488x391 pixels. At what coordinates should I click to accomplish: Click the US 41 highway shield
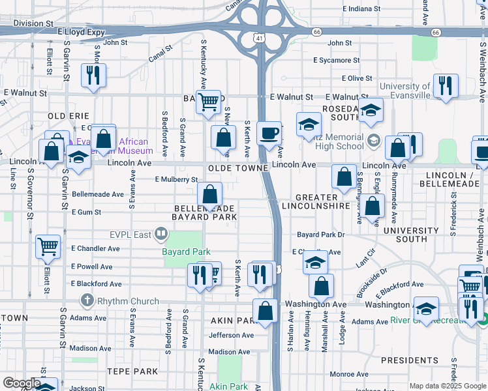260,38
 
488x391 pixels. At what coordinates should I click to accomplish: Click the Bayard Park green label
186,252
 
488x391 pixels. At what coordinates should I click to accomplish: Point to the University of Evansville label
404,91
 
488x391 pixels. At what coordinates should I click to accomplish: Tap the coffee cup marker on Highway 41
269,134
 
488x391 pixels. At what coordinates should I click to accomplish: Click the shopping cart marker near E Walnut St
208,102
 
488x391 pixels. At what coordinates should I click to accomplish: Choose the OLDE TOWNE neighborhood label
239,168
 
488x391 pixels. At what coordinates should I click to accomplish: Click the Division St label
33,23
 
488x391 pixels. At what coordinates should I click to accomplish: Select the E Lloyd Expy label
81,31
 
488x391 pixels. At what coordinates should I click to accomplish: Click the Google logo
22,383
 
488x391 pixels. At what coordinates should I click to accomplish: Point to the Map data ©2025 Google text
447,386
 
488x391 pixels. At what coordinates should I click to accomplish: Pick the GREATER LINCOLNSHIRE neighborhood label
316,201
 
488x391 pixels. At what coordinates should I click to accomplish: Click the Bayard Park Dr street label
320,234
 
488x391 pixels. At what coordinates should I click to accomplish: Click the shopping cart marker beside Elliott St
48,247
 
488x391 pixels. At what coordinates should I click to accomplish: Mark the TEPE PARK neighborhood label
133,371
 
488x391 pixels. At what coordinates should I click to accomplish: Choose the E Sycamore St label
336,60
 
